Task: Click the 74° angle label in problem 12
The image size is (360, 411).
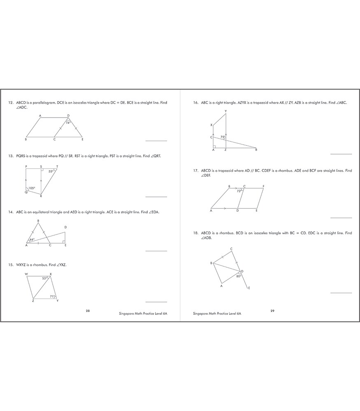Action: [x=68, y=122]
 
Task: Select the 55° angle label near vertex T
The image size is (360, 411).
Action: [x=51, y=171]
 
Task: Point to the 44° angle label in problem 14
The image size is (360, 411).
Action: [x=32, y=240]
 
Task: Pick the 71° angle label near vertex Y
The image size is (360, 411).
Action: [x=52, y=296]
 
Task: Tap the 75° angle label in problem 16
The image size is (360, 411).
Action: [x=223, y=137]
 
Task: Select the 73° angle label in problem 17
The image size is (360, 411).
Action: [x=239, y=191]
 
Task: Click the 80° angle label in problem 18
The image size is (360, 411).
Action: [x=238, y=276]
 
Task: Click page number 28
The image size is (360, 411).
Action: [x=88, y=311]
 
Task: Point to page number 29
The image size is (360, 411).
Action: [x=272, y=311]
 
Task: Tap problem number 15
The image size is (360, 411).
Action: [x=11, y=265]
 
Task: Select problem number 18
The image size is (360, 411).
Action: [x=196, y=233]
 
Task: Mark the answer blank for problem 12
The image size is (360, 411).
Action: [x=156, y=141]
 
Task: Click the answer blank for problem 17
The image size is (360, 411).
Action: [x=341, y=218]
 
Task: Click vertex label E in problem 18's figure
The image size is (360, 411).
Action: [x=249, y=289]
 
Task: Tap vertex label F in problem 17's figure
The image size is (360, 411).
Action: [x=263, y=186]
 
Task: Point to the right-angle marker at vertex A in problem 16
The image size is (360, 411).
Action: [x=214, y=146]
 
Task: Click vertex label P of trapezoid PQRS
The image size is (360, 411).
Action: [x=26, y=167]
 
